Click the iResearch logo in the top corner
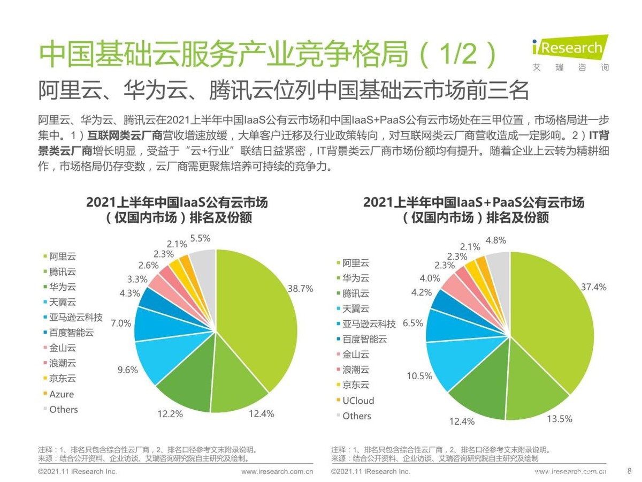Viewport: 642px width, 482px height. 570,52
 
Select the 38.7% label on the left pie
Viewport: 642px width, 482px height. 300,288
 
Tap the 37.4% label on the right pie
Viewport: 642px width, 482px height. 594,287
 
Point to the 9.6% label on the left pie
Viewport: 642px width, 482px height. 128,370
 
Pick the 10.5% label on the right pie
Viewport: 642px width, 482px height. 419,376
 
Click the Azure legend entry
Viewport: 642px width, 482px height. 62,394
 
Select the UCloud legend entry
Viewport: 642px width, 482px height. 358,401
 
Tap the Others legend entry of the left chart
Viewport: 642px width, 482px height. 63,410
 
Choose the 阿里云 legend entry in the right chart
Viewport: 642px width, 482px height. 356,263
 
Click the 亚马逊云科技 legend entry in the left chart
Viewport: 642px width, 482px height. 75,318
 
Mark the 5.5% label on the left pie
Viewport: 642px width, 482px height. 200,238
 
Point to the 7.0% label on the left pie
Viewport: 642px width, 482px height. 121,323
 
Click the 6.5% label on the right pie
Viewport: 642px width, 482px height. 413,323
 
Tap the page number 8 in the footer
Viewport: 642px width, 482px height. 629,471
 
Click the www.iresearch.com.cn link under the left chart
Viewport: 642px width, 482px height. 277,472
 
